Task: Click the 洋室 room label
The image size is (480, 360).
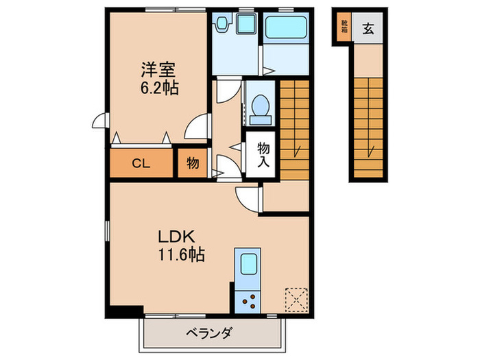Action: click(x=159, y=69)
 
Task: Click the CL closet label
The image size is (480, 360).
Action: click(x=141, y=164)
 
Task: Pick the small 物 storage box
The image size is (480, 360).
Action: click(x=193, y=164)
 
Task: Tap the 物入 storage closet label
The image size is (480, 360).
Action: click(x=263, y=155)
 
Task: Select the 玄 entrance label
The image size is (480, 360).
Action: click(x=368, y=29)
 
